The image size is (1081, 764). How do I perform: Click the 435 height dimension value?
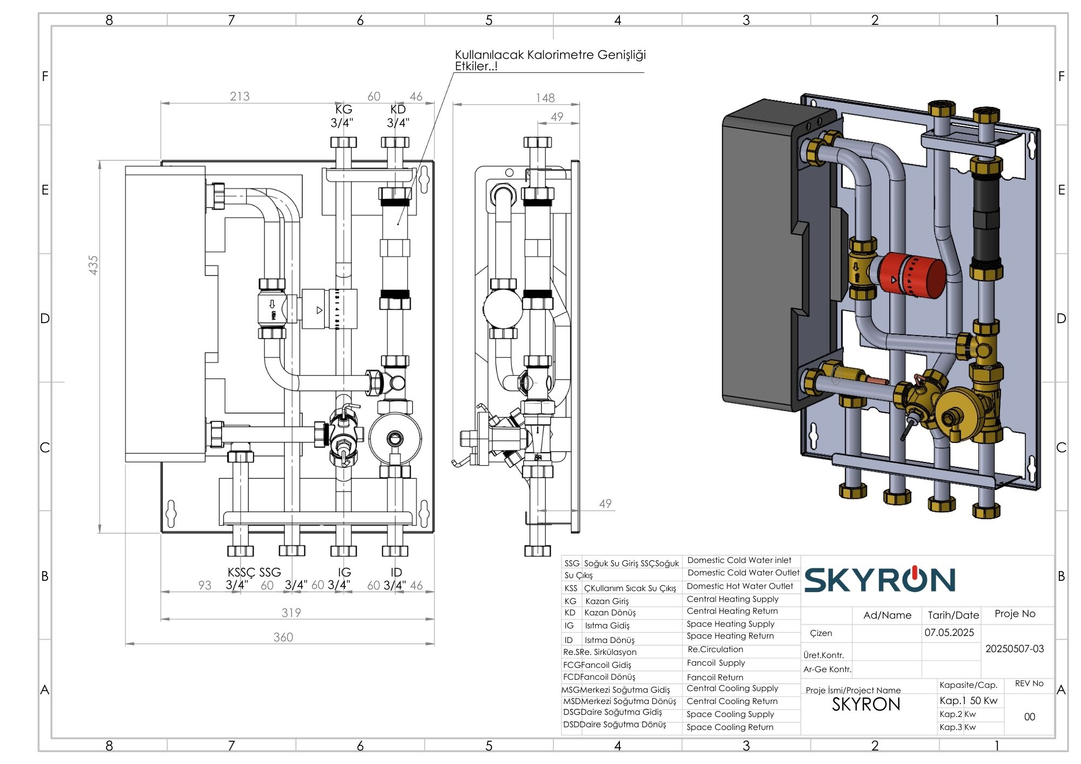pyautogui.click(x=94, y=265)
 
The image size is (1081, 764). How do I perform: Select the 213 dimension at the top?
pyautogui.click(x=239, y=96)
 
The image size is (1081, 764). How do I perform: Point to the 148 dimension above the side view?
pyautogui.click(x=545, y=98)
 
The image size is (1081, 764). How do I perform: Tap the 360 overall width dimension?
pyautogui.click(x=283, y=637)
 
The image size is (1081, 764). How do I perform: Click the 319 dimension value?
pyautogui.click(x=291, y=613)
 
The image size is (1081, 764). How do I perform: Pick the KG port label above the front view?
pyautogui.click(x=343, y=109)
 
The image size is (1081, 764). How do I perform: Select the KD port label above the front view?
pyautogui.click(x=398, y=109)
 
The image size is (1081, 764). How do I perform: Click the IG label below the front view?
pyautogui.click(x=344, y=572)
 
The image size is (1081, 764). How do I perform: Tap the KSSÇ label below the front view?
pyautogui.click(x=241, y=572)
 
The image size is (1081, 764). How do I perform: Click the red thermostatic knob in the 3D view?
pyautogui.click(x=913, y=276)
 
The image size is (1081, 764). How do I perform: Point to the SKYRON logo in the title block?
pyautogui.click(x=879, y=580)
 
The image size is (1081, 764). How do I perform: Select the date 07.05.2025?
pyautogui.click(x=949, y=633)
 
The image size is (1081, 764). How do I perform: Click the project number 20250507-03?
pyautogui.click(x=1015, y=648)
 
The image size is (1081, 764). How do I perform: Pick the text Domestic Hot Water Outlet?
pyautogui.click(x=739, y=586)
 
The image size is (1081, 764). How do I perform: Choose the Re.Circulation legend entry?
pyautogui.click(x=715, y=649)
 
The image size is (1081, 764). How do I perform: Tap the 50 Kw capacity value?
pyautogui.click(x=984, y=701)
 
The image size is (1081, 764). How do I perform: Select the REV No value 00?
pyautogui.click(x=1029, y=717)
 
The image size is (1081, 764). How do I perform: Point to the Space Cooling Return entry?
pyautogui.click(x=730, y=727)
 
